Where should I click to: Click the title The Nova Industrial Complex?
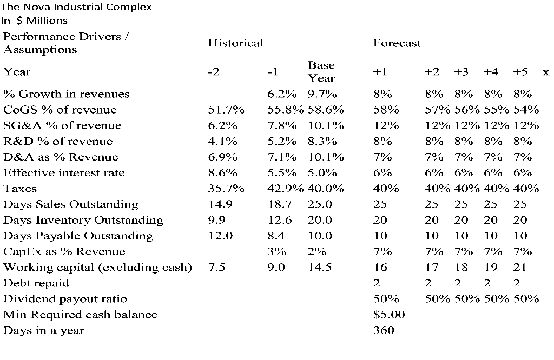point(76,7)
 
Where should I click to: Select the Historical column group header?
point(235,43)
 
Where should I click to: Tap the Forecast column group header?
point(397,43)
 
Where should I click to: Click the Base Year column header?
point(321,71)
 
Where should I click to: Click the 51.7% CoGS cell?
point(226,110)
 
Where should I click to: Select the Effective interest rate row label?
point(64,173)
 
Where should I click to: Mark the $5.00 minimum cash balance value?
point(389,315)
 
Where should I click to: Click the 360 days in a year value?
point(384,330)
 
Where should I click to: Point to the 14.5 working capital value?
point(320,267)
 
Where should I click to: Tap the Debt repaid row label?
point(36,283)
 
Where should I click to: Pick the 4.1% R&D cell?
point(223,142)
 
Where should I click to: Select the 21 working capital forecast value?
point(519,267)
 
